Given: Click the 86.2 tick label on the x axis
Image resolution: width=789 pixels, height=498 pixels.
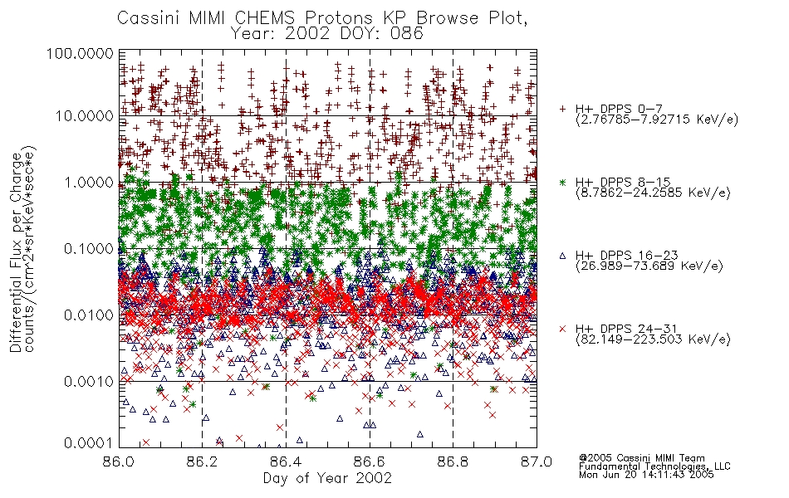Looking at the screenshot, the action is click(x=202, y=461).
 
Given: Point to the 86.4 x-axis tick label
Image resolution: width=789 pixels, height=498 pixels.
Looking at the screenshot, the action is click(x=286, y=461).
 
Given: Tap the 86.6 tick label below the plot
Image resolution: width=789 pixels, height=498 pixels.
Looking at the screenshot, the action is click(x=370, y=461).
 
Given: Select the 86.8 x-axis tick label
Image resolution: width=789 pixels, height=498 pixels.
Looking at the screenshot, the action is click(x=453, y=461).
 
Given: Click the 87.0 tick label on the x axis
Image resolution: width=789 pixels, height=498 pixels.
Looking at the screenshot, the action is click(x=537, y=461).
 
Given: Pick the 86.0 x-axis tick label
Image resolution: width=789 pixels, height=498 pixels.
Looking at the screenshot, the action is click(x=119, y=461).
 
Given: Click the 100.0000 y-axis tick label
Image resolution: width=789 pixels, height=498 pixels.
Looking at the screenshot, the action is click(x=80, y=53).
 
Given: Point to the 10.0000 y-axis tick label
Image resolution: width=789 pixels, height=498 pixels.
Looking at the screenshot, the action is click(x=84, y=116).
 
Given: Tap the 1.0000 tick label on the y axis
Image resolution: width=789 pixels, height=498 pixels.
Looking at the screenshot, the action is click(x=89, y=182).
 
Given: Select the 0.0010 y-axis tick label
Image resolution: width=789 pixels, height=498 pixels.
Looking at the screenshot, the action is click(x=89, y=382).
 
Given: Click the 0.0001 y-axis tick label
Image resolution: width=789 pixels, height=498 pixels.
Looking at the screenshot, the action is click(x=89, y=443).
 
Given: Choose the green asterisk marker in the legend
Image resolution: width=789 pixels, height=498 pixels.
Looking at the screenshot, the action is click(x=562, y=183).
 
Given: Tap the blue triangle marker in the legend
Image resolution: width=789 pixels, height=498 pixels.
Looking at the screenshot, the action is click(x=562, y=256).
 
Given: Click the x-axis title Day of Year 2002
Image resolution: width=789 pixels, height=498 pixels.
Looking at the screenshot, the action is click(x=327, y=478).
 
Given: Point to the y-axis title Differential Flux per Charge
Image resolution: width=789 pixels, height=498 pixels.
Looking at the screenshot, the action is click(x=16, y=252).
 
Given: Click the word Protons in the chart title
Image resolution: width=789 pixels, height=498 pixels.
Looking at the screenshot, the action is click(x=339, y=18).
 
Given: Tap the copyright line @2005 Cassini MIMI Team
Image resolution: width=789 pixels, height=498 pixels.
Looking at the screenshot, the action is click(x=641, y=458).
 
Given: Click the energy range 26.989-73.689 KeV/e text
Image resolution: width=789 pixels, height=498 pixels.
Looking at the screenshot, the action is click(x=649, y=266).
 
